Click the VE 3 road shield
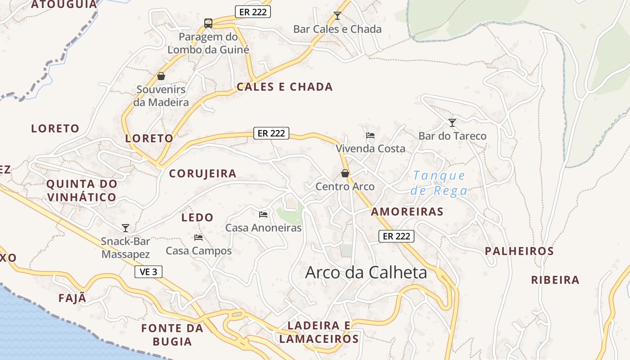[148, 272]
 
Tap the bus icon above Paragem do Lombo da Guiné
[208, 23]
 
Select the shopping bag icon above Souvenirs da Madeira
[161, 76]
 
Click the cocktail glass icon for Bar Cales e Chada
[337, 16]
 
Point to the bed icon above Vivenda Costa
[370, 135]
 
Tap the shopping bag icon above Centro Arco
[345, 173]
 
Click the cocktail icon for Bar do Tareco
[452, 122]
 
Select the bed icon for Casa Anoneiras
[263, 214]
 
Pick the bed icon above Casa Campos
[198, 237]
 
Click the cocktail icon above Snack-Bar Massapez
[126, 228]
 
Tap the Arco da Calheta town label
[366, 272]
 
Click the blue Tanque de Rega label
[439, 183]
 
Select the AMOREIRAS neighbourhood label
[407, 211]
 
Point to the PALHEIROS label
[519, 251]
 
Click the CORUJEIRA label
[202, 174]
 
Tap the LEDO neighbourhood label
[197, 218]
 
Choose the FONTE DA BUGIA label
[172, 335]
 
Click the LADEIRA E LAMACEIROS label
[319, 332]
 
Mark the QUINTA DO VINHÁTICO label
[82, 190]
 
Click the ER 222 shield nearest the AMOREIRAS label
[396, 236]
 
